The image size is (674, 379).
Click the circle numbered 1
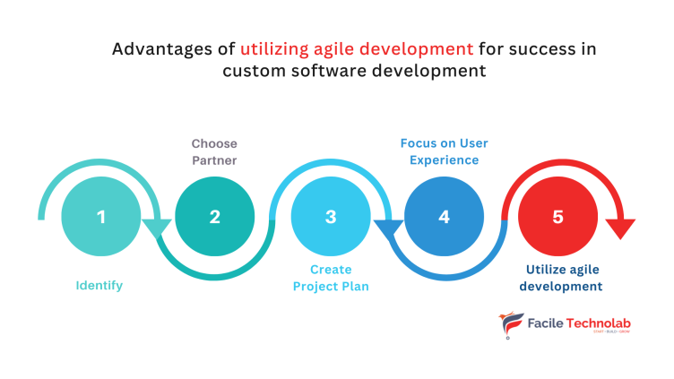(101, 217)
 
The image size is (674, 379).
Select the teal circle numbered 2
(215, 217)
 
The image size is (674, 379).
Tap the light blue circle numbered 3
(331, 217)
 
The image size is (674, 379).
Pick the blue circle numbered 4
(445, 217)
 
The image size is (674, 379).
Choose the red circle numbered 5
(558, 217)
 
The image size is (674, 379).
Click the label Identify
(99, 286)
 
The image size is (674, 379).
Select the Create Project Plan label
(331, 278)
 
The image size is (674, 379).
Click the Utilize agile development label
(564, 278)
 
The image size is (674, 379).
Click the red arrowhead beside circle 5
(620, 229)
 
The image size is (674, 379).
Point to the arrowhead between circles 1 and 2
(158, 229)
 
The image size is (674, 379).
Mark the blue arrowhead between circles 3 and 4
(388, 230)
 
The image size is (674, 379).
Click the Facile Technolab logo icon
(510, 325)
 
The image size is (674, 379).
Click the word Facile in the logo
(547, 323)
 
